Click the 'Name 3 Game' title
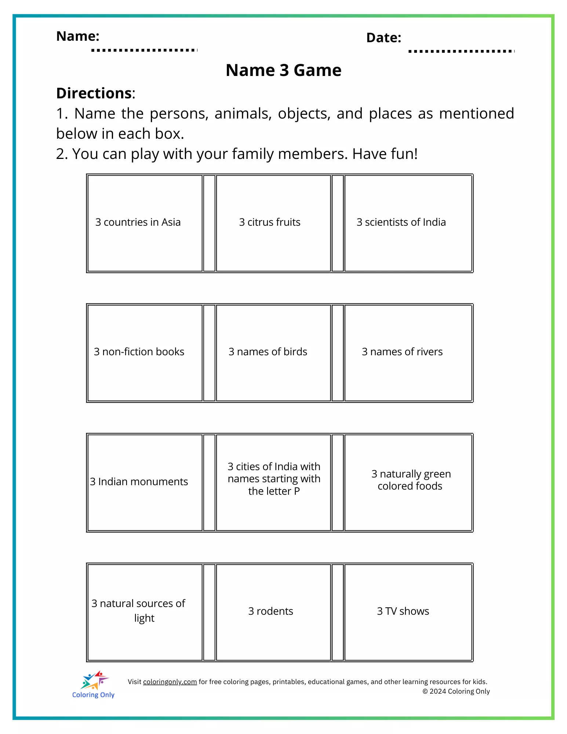(283, 70)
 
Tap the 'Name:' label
(78, 36)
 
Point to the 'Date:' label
(384, 38)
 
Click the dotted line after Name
(144, 50)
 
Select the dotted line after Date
(461, 51)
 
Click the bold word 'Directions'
(94, 93)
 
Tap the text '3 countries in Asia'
(138, 222)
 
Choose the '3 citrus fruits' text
(270, 222)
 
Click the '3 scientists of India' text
(401, 222)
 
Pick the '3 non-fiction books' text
(139, 352)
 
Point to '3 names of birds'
(268, 352)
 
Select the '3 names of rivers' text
(402, 352)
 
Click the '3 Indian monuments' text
(139, 482)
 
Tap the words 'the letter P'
(274, 491)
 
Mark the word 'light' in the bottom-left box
(144, 618)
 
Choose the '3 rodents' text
(270, 611)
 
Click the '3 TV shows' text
(403, 611)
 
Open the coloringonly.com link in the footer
(170, 682)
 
